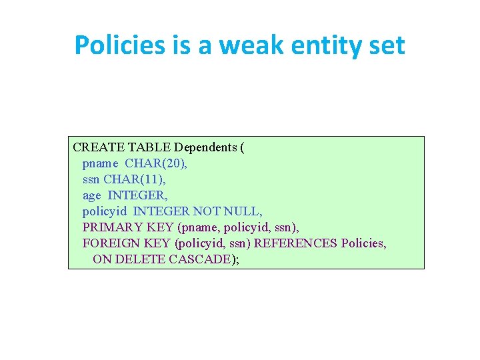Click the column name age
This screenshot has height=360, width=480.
(92, 195)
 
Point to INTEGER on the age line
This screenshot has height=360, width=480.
(138, 195)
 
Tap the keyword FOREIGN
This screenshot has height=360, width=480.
(109, 243)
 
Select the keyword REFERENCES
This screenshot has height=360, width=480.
(295, 243)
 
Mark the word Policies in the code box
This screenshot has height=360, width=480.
(363, 243)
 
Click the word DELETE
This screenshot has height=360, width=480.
(137, 259)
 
